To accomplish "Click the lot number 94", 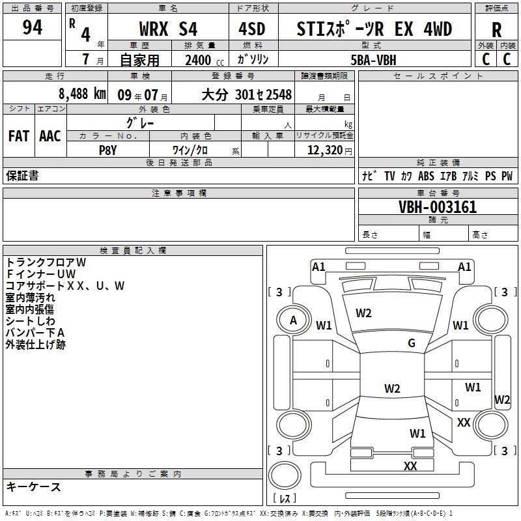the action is click(x=32, y=28).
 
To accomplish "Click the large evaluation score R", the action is click(x=496, y=30).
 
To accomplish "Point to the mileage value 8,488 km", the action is click(x=81, y=94).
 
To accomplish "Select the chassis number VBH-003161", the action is click(x=438, y=208).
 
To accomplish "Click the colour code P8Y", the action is click(x=107, y=149).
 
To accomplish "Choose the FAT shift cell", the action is click(x=18, y=136).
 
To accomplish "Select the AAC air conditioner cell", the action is click(x=50, y=136).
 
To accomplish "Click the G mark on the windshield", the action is click(x=412, y=343).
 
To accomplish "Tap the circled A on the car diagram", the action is click(x=293, y=320).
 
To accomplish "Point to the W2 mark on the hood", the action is click(x=363, y=313).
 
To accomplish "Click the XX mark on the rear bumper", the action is click(x=410, y=466).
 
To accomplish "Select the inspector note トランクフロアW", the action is click(x=46, y=262).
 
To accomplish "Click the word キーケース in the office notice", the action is click(x=33, y=487).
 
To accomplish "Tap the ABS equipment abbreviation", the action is click(x=426, y=176).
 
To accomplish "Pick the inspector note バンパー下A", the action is click(x=35, y=333).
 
